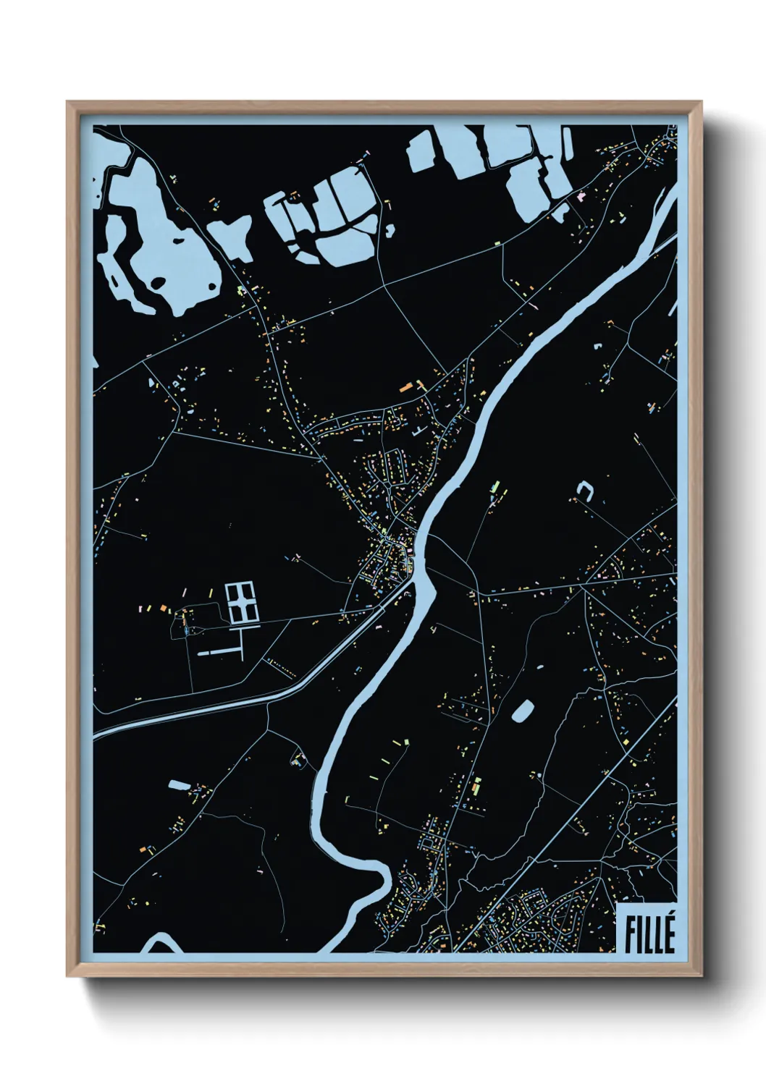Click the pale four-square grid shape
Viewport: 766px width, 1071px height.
point(242,603)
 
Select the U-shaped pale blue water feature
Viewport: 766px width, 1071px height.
point(584,492)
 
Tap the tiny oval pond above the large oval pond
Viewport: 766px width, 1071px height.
point(538,664)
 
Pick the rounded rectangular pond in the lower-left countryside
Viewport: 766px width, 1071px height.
point(178,784)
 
